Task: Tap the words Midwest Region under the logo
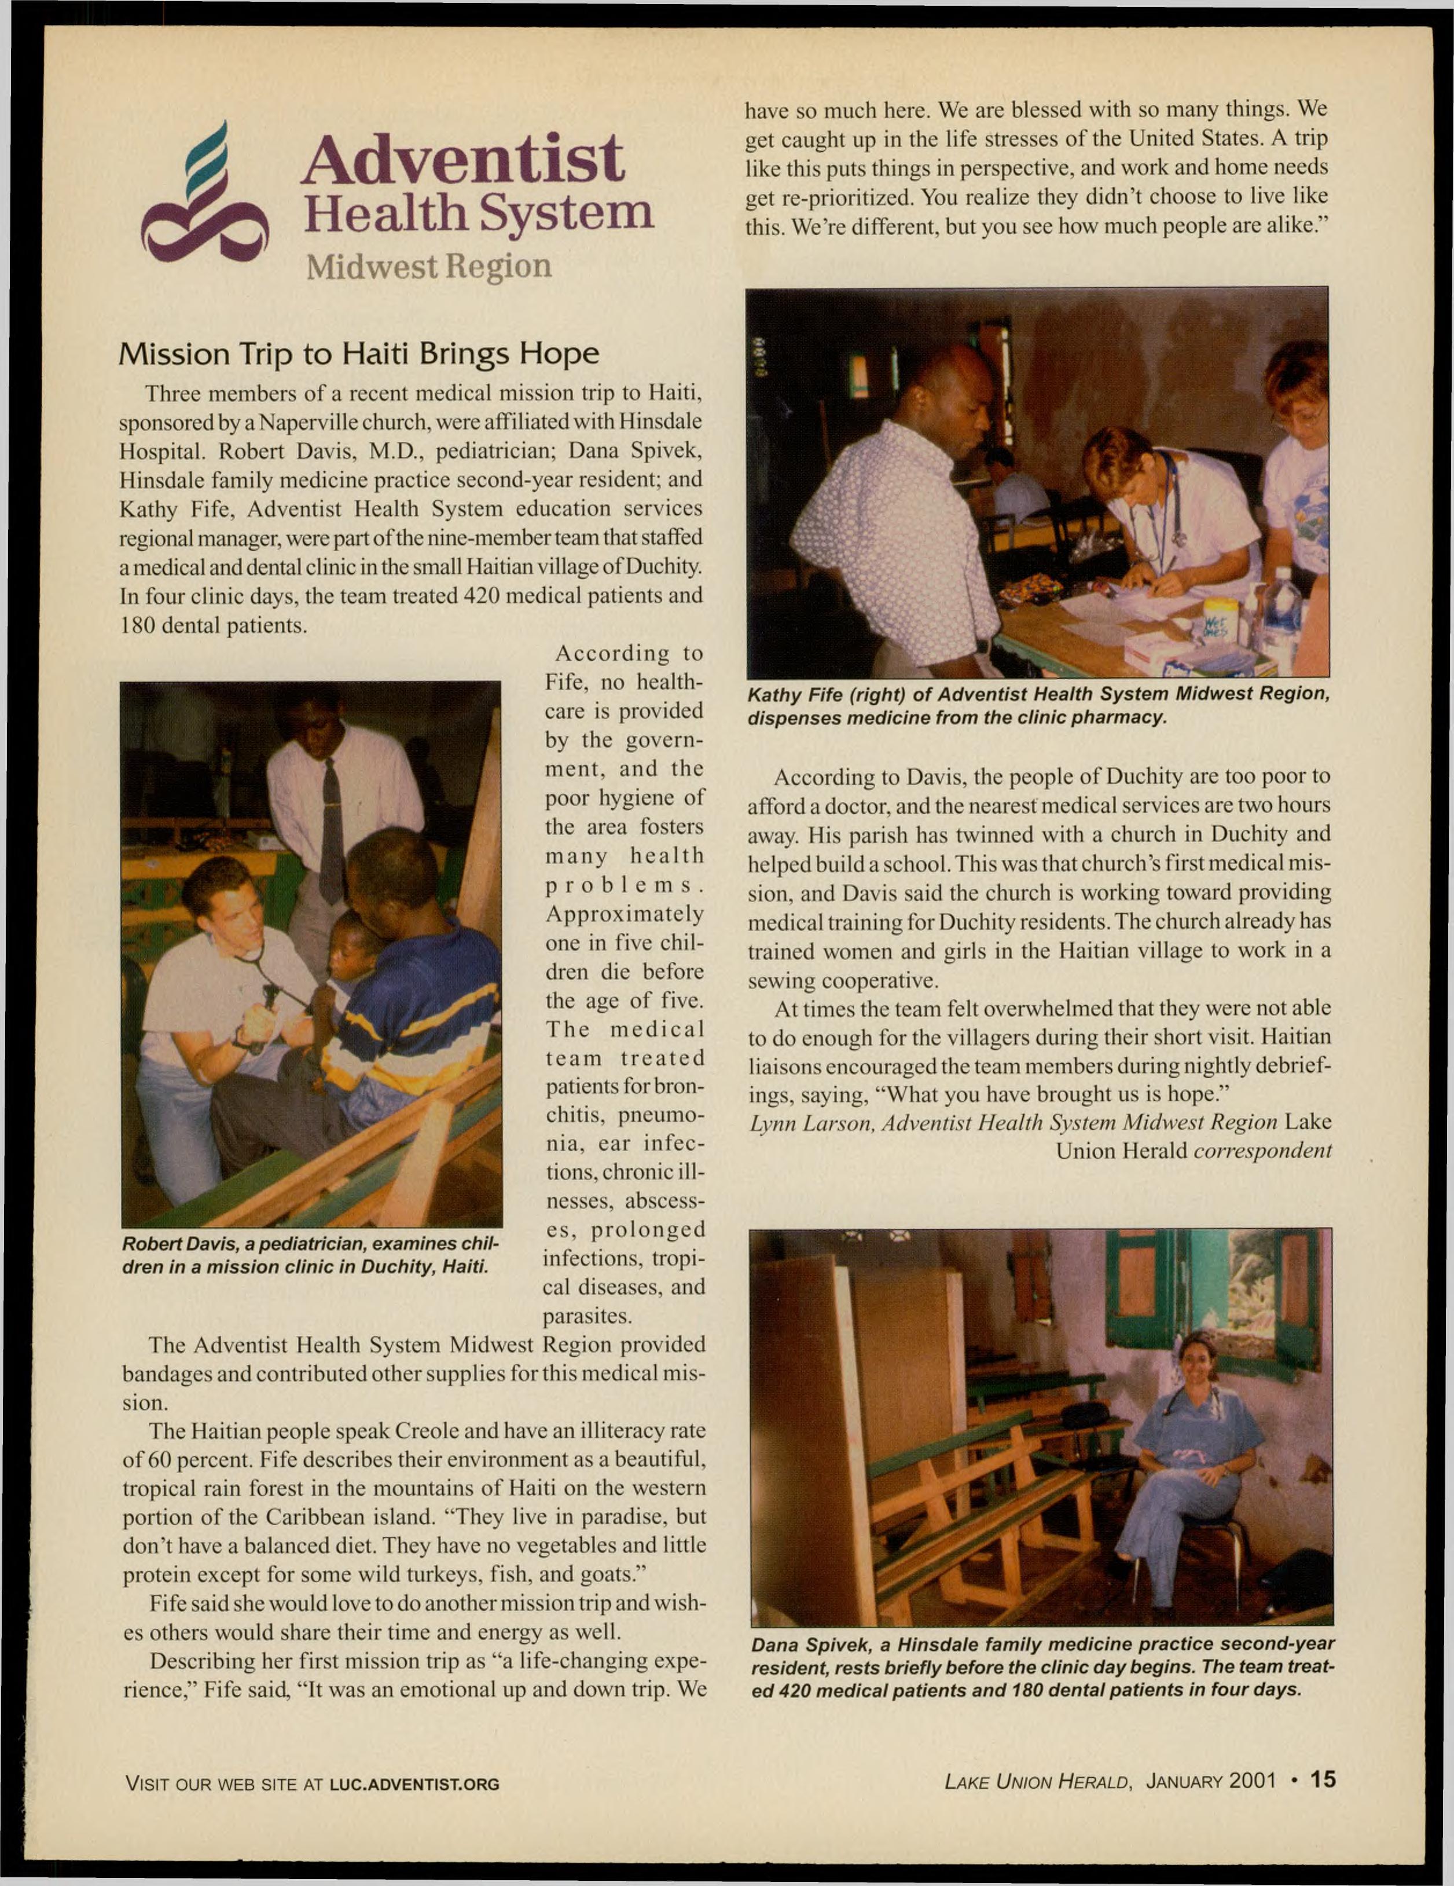tap(429, 266)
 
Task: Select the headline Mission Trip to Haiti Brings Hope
tap(358, 354)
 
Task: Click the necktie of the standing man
tap(331, 829)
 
